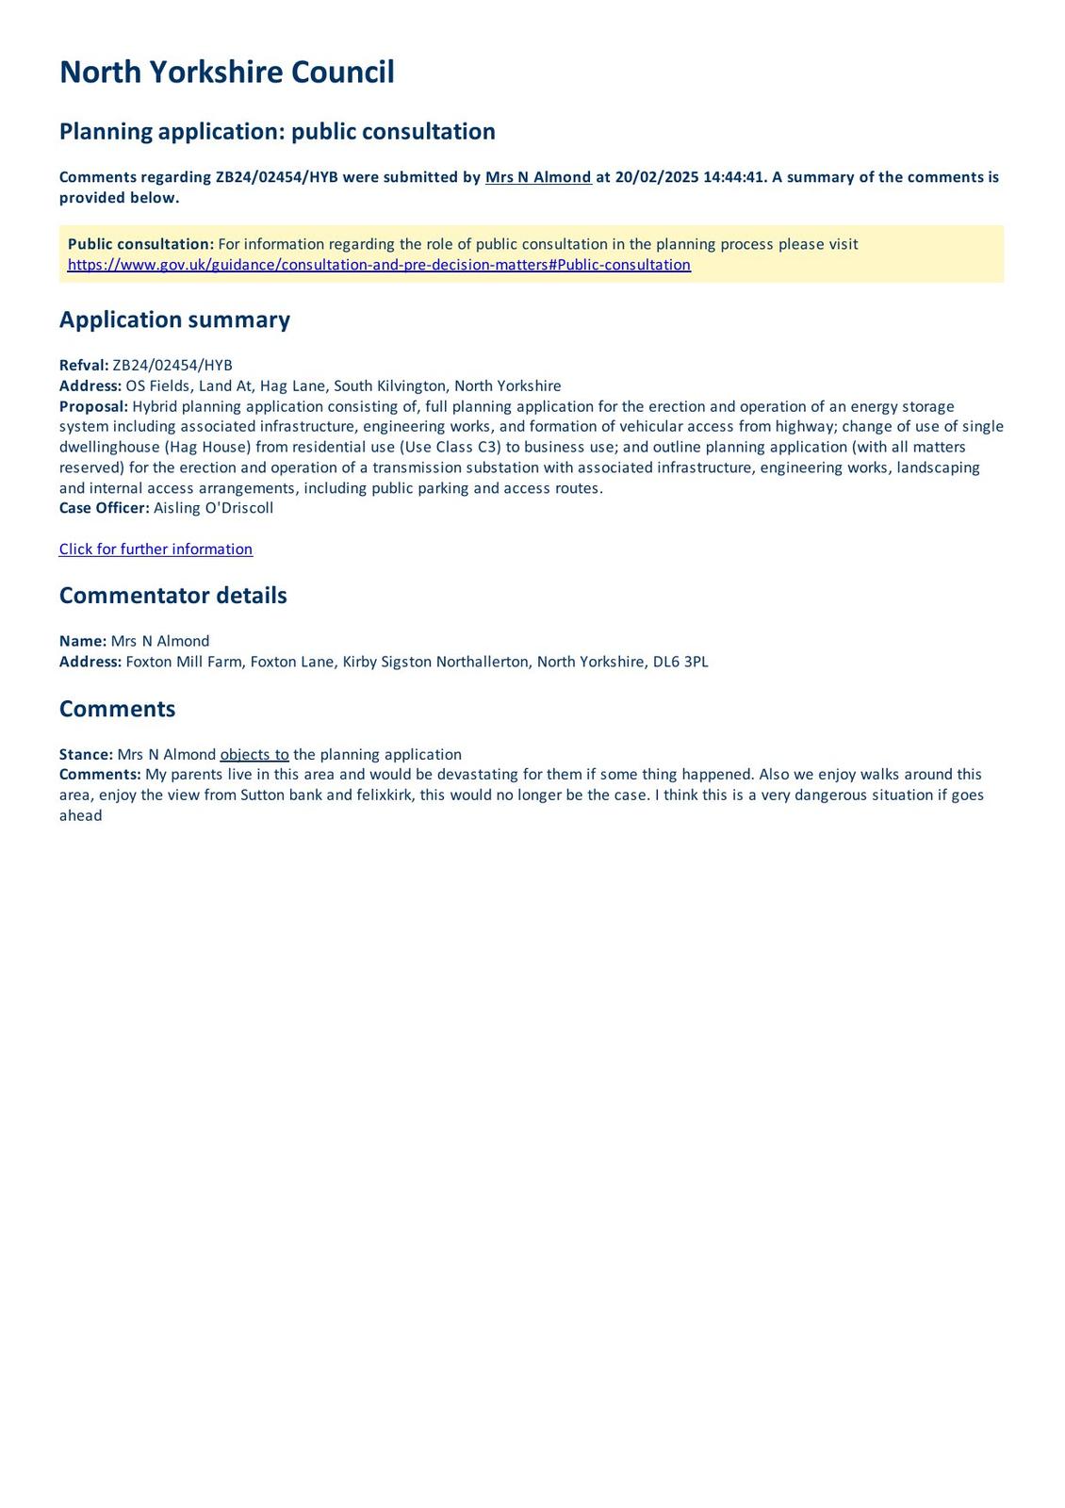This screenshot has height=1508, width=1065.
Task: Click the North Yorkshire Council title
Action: click(x=226, y=73)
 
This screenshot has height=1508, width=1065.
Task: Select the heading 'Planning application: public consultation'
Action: click(x=277, y=131)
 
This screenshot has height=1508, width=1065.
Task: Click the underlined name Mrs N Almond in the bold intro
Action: click(x=538, y=177)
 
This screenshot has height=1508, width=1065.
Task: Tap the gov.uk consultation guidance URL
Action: click(x=379, y=265)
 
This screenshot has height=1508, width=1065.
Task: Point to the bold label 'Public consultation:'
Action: click(x=140, y=244)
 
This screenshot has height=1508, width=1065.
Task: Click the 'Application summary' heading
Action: click(x=174, y=320)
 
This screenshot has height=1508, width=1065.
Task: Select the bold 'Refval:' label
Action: click(x=84, y=366)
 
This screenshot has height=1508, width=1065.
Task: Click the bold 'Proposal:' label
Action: click(x=93, y=406)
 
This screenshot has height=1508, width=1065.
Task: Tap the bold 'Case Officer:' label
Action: click(x=104, y=508)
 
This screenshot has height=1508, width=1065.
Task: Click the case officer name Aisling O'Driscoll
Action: click(x=213, y=508)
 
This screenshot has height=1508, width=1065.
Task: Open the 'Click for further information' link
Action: click(x=156, y=549)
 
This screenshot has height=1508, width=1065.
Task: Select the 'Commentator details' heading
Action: click(x=172, y=596)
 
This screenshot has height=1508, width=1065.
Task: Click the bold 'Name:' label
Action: click(x=83, y=641)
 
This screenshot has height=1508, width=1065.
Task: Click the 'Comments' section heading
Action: click(x=117, y=709)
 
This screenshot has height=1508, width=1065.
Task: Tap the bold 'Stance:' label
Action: click(x=86, y=755)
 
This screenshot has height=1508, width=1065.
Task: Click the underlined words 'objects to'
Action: click(x=254, y=755)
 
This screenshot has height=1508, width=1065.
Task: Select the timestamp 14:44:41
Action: click(x=733, y=177)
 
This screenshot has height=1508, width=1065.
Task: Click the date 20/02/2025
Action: click(x=656, y=177)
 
